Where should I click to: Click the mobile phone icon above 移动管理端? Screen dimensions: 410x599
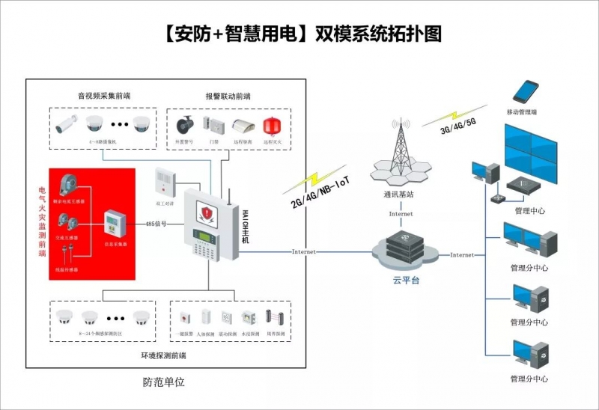526,92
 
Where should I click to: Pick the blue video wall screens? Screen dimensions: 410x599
535,153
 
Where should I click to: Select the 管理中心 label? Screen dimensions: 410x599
530,211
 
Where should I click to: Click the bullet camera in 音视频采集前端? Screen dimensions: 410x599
68,123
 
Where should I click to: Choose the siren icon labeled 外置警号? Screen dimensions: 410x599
185,124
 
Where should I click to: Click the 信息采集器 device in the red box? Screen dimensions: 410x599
115,223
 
